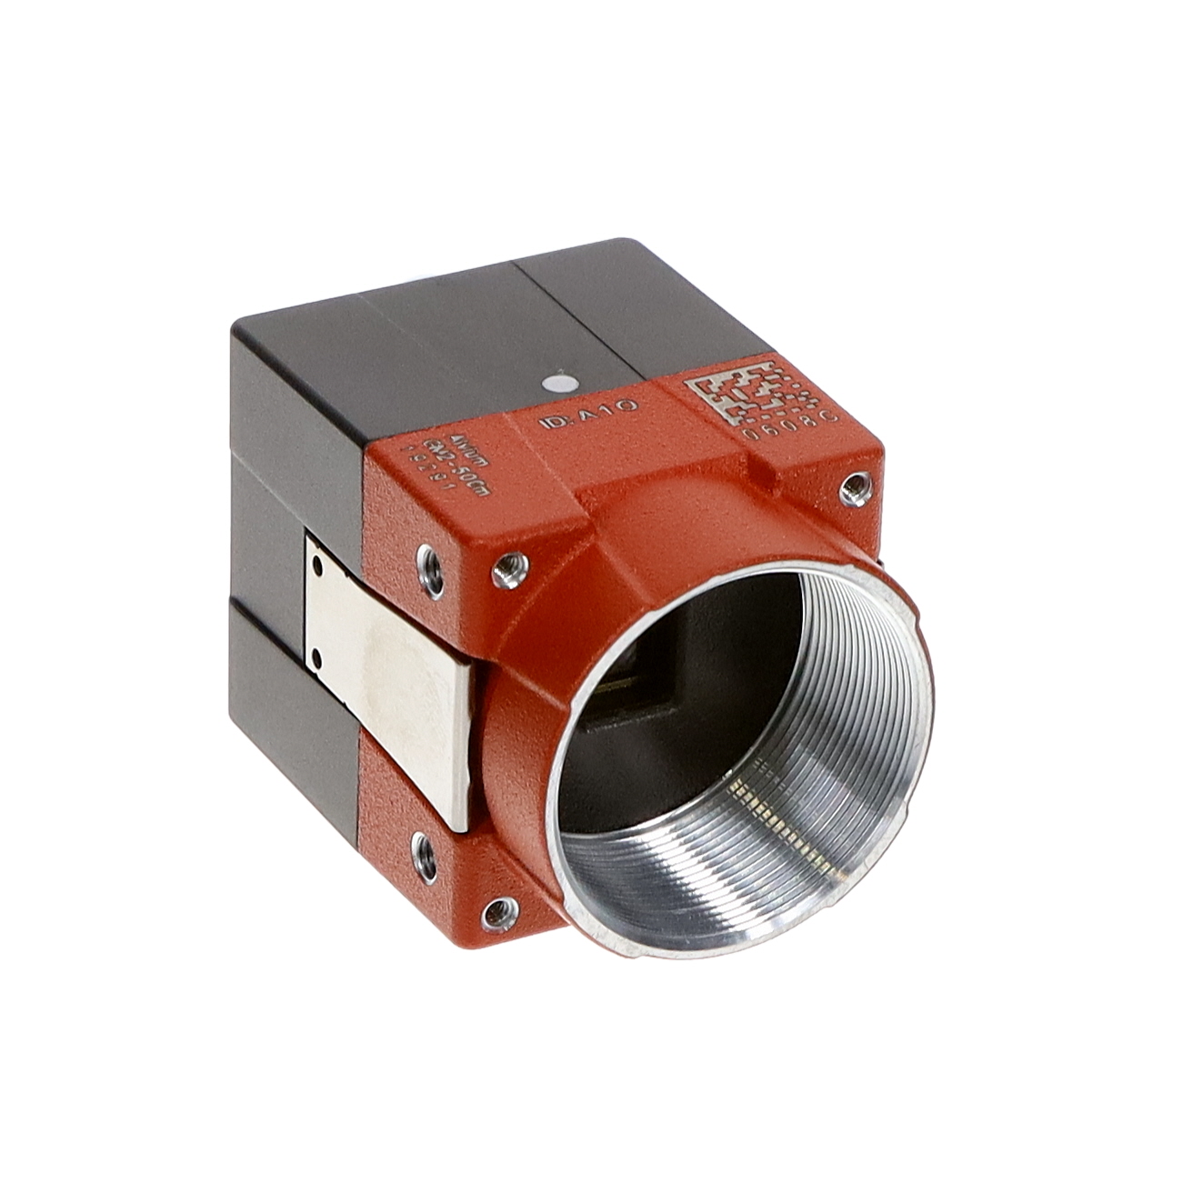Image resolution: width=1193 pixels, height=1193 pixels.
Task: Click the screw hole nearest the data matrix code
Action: click(852, 490)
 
